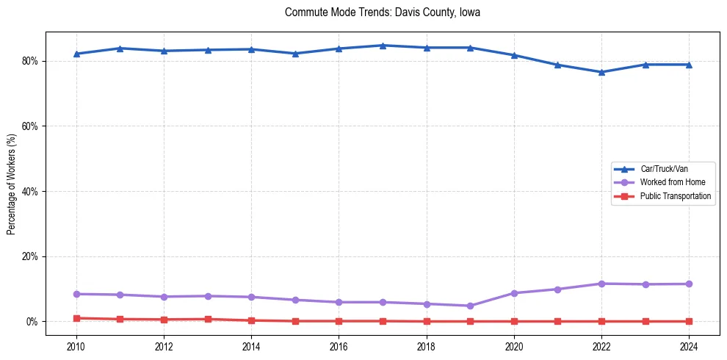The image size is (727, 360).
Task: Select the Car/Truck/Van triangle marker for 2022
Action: (601, 72)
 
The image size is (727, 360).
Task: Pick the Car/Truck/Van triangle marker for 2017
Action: (383, 46)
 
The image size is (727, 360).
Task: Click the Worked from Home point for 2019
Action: (470, 306)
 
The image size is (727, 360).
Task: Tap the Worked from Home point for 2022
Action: (601, 284)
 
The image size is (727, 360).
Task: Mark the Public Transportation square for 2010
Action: (76, 318)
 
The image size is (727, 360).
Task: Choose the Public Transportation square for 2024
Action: (689, 321)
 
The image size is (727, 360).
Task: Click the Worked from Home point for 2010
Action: (76, 294)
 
